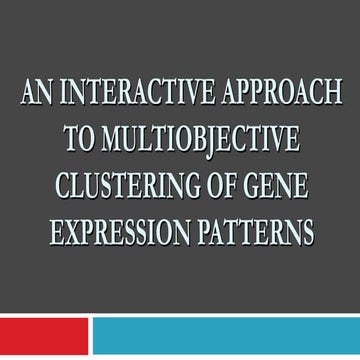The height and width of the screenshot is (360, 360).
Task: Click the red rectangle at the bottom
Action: tap(44, 335)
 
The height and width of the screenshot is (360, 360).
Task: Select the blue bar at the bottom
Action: tap(226, 335)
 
